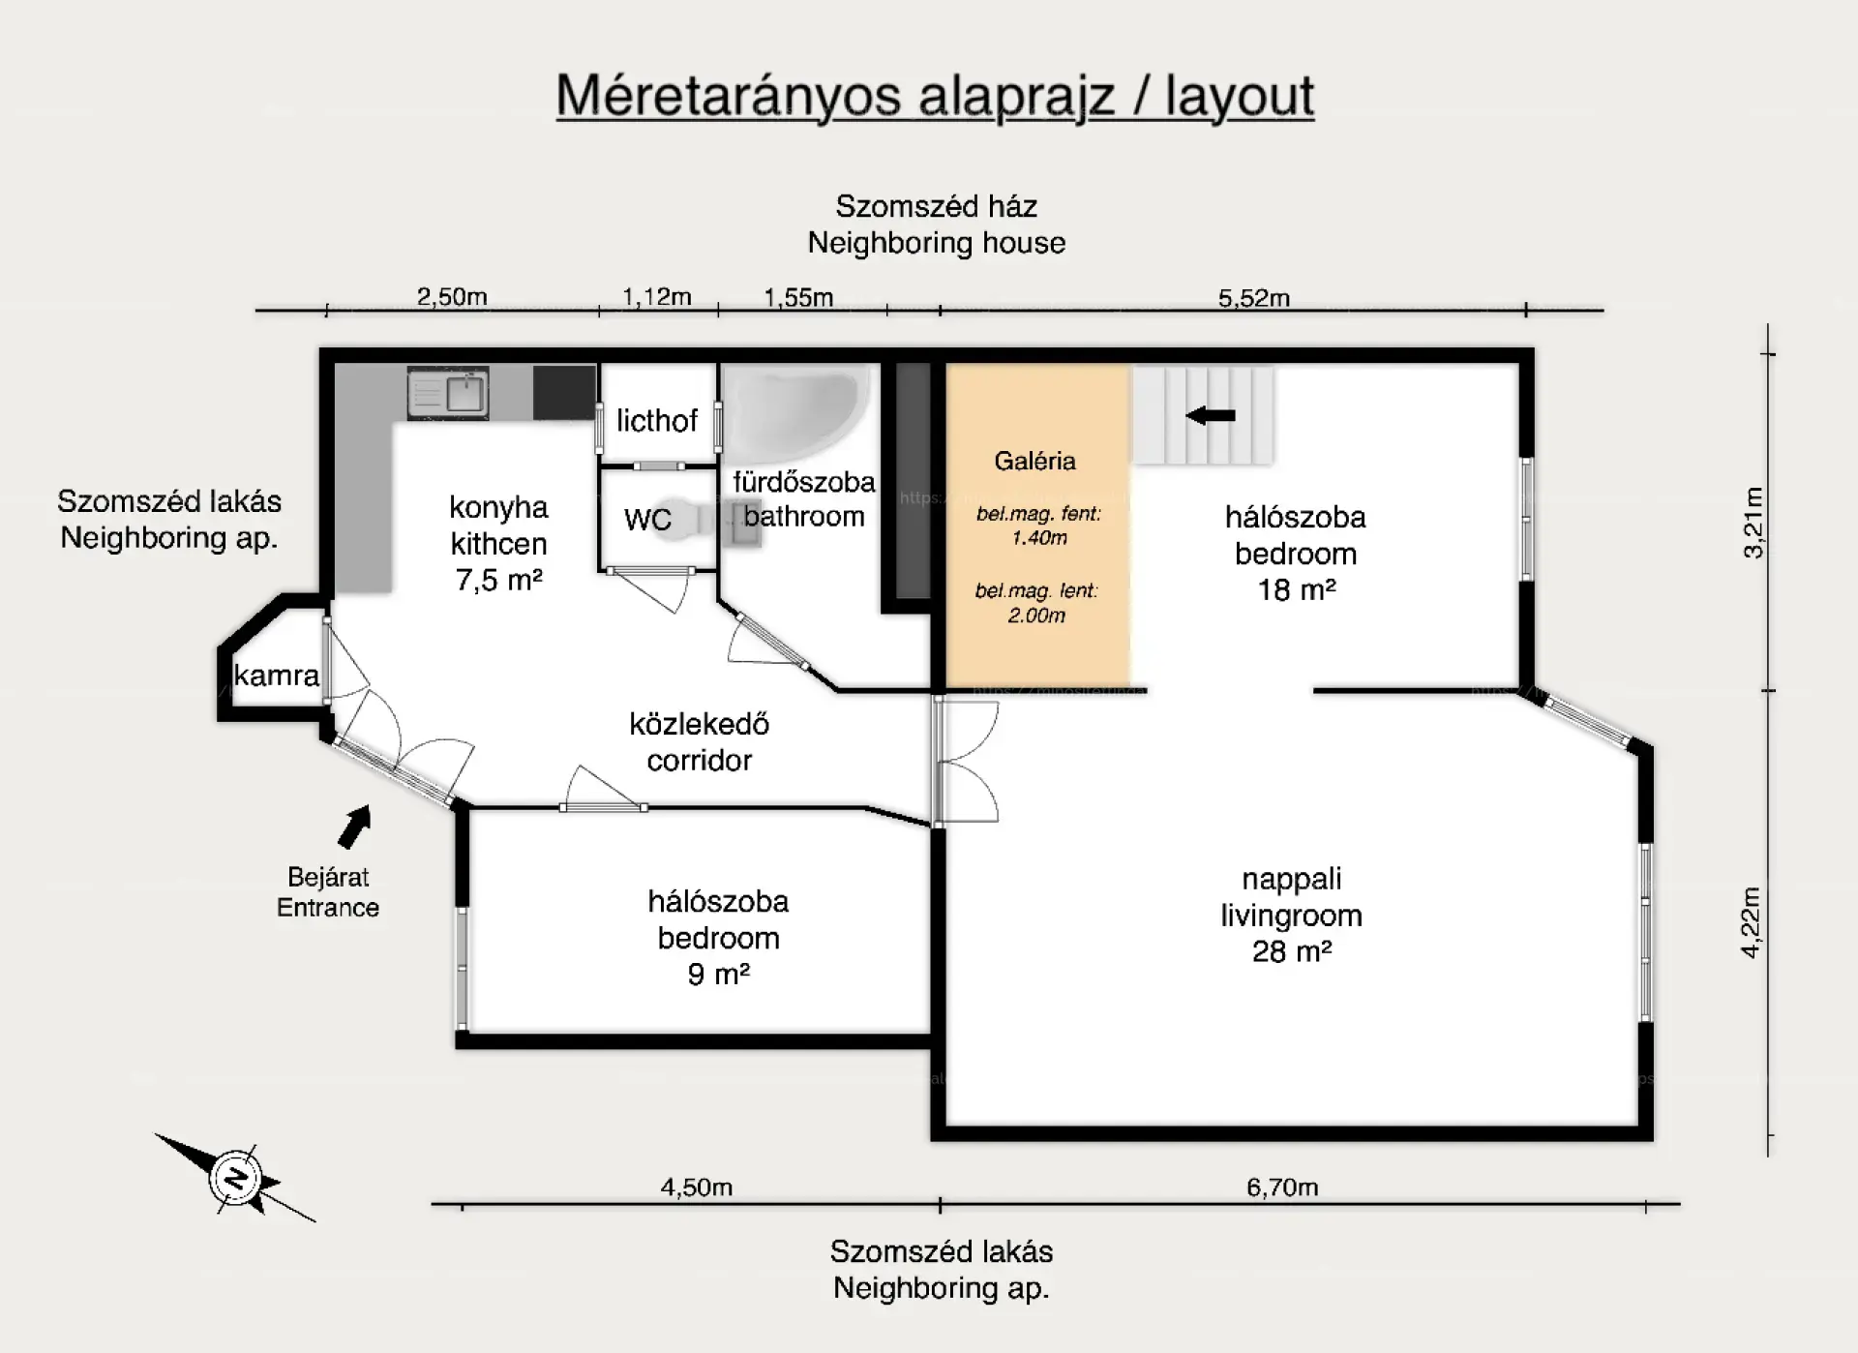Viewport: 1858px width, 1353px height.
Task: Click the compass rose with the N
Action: pos(235,1177)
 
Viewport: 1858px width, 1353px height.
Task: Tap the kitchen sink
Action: pos(448,393)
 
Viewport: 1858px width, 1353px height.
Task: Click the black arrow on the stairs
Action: pos(1211,415)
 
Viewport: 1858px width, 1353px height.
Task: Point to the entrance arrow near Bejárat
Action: pos(354,827)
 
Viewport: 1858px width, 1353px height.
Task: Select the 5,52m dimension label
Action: pos(1254,298)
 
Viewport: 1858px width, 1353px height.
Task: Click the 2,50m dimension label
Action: pos(452,297)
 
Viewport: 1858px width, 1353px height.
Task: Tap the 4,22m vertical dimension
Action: pos(1751,922)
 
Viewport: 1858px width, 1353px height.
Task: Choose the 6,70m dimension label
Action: pos(1282,1187)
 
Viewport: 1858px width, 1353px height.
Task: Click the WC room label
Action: pos(647,520)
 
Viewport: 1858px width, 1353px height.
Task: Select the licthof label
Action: pos(657,421)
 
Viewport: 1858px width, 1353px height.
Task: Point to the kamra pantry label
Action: pos(277,676)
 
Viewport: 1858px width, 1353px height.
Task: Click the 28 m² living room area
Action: pos(1292,951)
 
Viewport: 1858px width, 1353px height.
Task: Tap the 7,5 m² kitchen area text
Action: pos(498,580)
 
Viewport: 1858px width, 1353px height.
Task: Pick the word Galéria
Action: pos(1034,461)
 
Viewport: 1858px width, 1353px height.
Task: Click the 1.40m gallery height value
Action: pos(1039,538)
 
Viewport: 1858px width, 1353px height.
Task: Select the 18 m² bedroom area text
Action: pos(1297,589)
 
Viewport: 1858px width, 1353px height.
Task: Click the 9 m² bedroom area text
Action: pos(719,974)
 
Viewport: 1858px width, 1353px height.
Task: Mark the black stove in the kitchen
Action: pos(564,392)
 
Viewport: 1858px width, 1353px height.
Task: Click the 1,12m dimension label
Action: pos(657,297)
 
